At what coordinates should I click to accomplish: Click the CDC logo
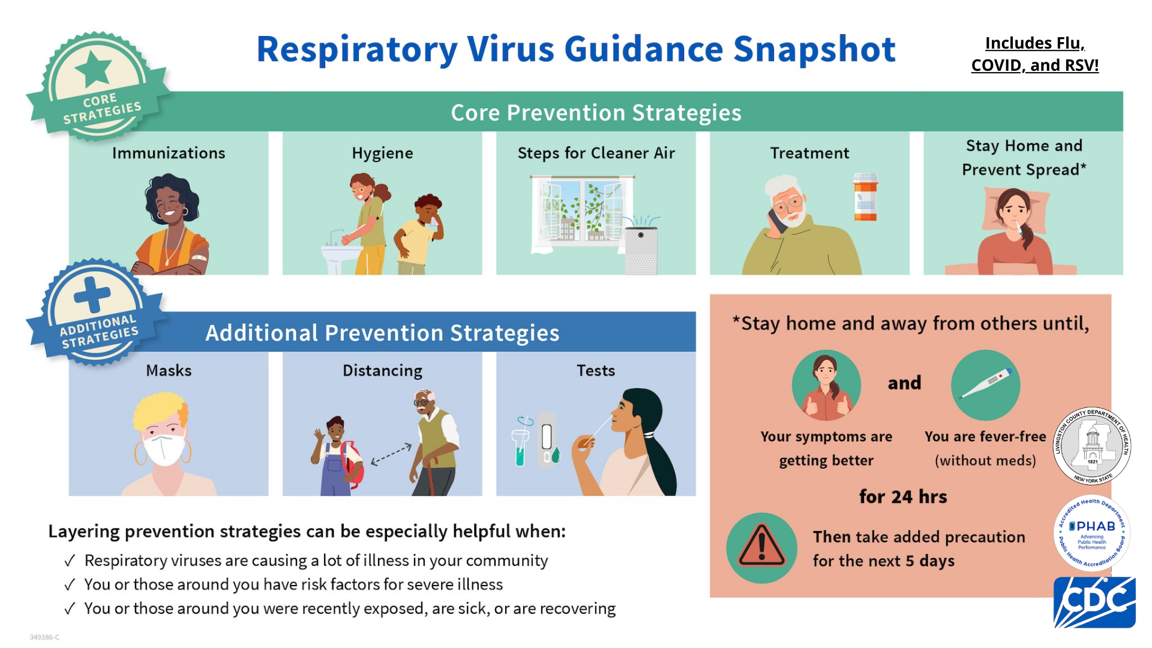1094,602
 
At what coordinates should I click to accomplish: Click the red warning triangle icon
761,547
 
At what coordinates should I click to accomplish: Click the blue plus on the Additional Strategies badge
92,295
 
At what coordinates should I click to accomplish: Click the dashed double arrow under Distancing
391,454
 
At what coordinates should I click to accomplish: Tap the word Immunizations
169,153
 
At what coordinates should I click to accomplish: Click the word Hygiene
382,154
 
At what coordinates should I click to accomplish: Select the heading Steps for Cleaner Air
596,153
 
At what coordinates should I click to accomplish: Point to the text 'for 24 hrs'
903,497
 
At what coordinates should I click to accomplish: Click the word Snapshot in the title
814,50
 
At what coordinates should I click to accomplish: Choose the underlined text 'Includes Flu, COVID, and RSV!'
1035,54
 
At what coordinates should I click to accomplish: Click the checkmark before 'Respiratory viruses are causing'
70,561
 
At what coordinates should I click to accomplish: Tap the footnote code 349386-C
44,637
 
